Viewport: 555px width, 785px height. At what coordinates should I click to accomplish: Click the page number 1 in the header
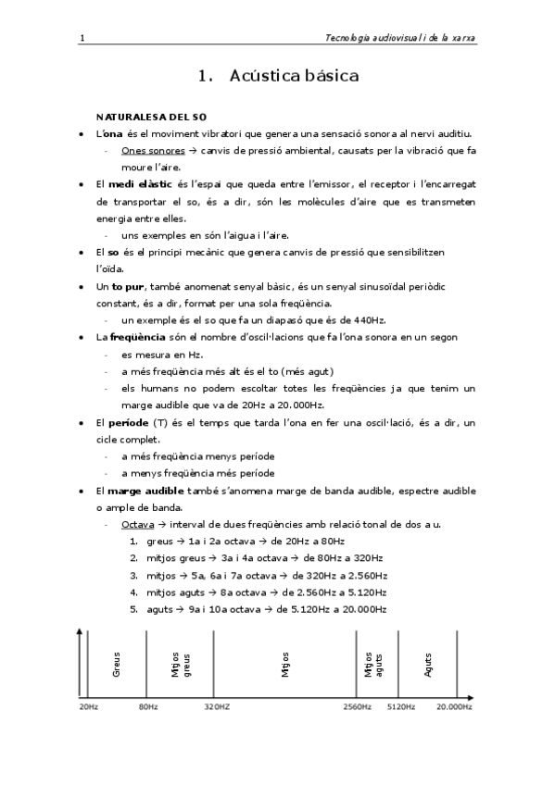point(82,38)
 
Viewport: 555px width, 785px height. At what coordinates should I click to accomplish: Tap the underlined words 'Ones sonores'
point(153,150)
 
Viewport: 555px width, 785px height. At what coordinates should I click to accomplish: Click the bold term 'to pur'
point(128,287)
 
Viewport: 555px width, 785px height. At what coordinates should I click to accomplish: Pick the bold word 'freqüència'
point(139,337)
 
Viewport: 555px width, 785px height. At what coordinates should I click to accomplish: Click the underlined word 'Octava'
point(138,525)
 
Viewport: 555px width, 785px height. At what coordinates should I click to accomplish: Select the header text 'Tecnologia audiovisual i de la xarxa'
point(402,38)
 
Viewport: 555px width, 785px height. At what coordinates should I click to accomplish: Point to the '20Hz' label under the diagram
point(88,706)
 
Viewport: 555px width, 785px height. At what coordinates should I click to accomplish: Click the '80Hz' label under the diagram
point(148,706)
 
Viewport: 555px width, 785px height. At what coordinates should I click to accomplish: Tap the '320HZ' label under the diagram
point(217,706)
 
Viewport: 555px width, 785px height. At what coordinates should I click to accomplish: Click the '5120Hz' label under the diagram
point(400,706)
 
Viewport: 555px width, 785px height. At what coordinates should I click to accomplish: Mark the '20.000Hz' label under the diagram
point(454,706)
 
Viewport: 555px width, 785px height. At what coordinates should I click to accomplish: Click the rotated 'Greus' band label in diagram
point(117,664)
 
